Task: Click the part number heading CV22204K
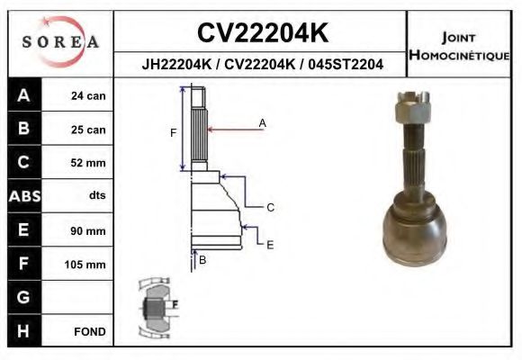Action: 261,33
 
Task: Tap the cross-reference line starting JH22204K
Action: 261,64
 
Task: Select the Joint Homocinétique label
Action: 460,47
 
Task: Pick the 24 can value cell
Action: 88,96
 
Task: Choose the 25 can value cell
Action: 88,130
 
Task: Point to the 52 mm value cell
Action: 88,163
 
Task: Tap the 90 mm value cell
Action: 88,231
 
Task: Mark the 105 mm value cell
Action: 88,265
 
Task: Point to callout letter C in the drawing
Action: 269,208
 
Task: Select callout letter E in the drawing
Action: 270,244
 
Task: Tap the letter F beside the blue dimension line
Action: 173,133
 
